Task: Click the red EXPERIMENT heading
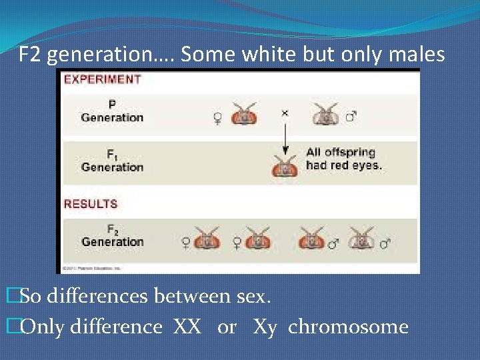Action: click(102, 79)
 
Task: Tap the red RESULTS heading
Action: click(90, 204)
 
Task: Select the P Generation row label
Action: click(112, 111)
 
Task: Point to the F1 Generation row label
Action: click(112, 161)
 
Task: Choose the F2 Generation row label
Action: click(112, 236)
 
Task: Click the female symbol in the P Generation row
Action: click(217, 118)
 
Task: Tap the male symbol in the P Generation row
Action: click(351, 117)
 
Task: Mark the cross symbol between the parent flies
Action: click(285, 113)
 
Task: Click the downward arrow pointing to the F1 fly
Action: click(285, 139)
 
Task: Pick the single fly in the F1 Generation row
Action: click(285, 165)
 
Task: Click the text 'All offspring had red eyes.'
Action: click(344, 159)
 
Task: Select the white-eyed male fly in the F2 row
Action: click(361, 238)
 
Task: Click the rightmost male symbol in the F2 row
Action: click(385, 244)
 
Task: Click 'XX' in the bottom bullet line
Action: click(187, 327)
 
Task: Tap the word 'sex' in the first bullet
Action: click(251, 295)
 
